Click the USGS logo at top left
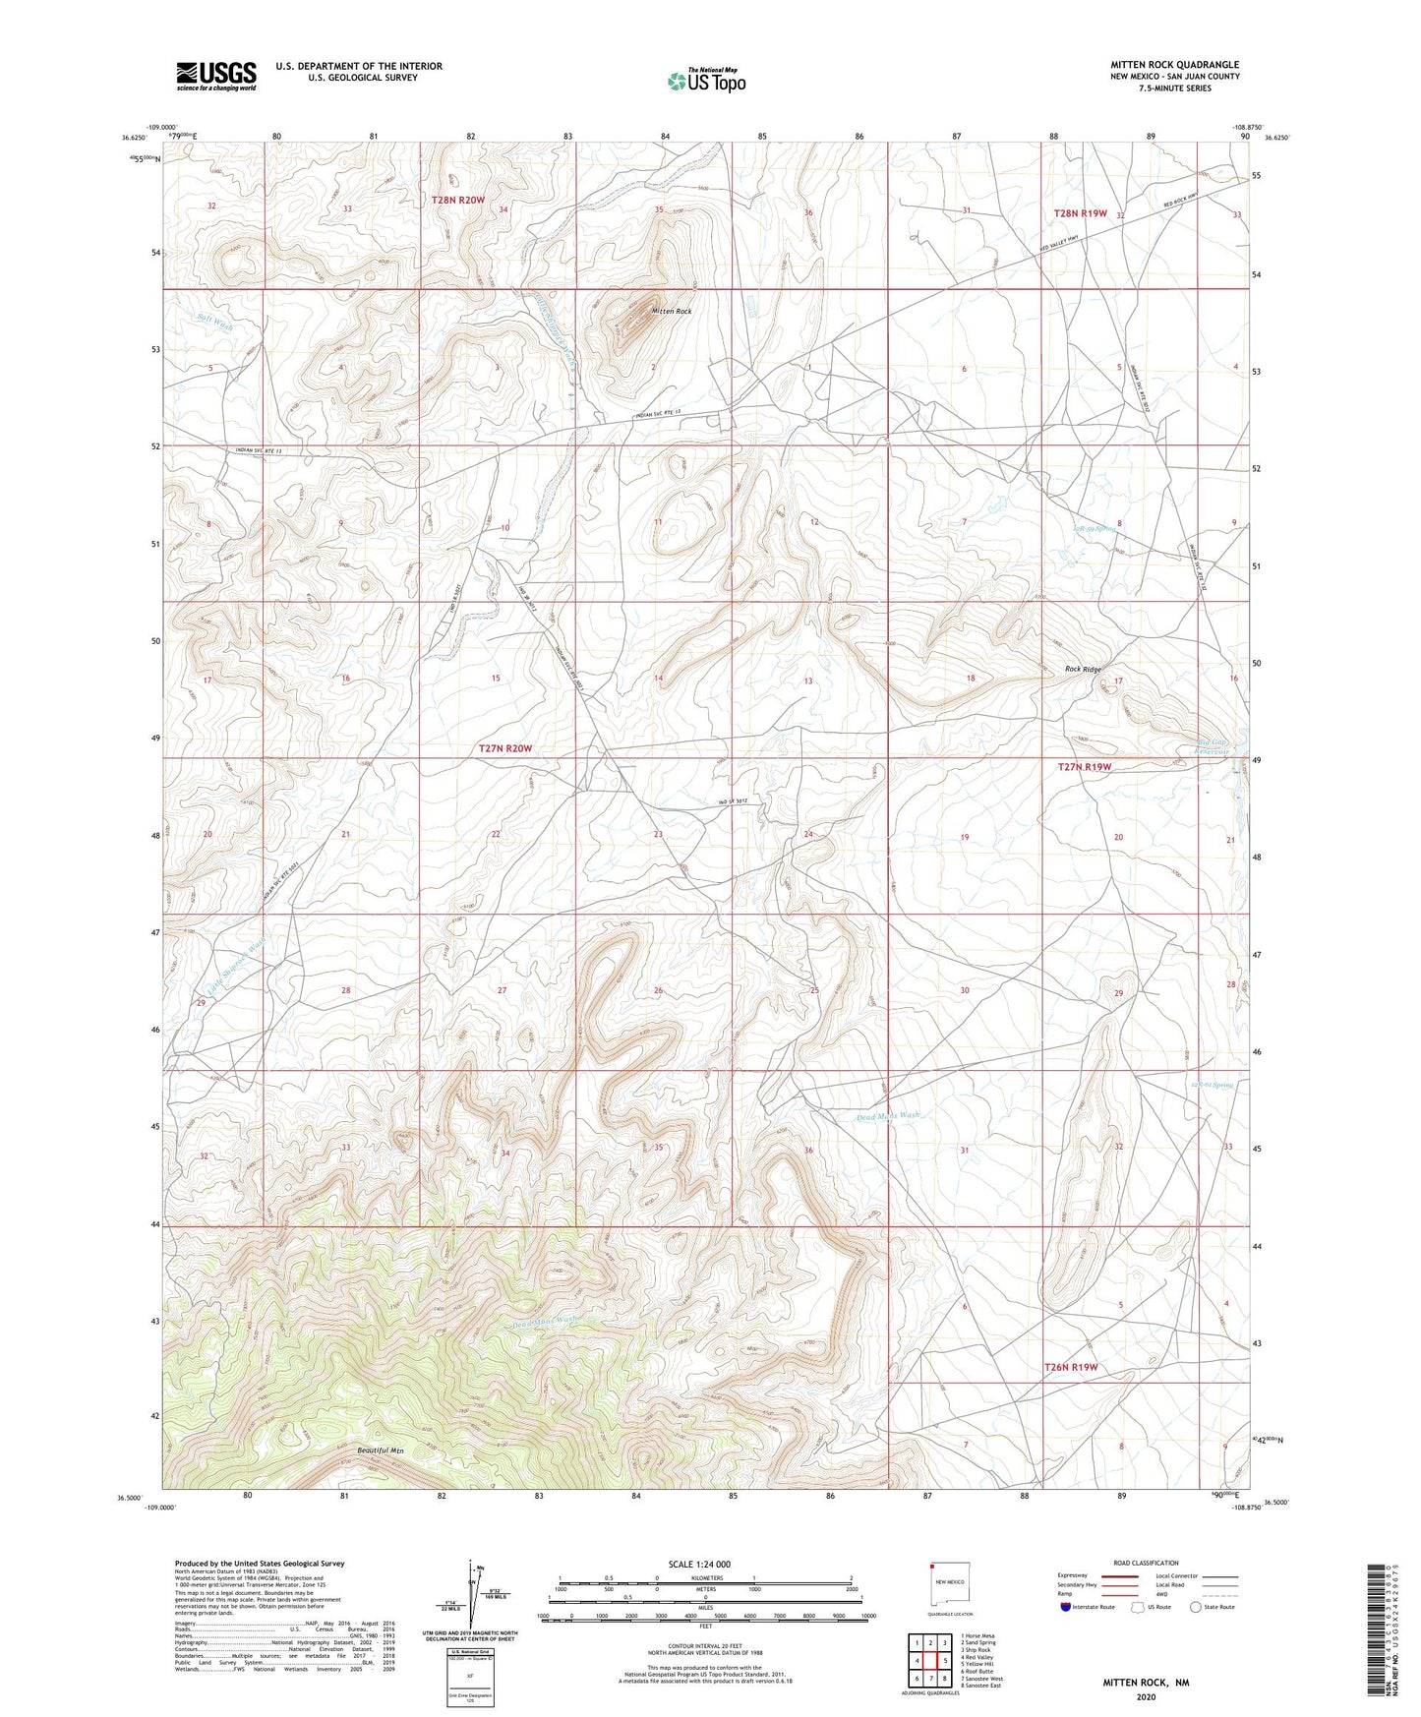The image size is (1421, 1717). point(216,76)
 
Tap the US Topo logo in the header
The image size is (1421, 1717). point(705,81)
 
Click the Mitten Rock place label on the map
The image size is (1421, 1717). point(672,311)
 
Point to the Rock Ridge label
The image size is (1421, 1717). point(1084,670)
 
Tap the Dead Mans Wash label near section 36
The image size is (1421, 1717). point(887,1116)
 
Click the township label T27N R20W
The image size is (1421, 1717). point(504,748)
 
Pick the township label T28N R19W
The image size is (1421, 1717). point(1080,213)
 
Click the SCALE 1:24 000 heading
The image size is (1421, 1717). point(699,1564)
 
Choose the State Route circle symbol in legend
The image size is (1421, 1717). point(1196,1607)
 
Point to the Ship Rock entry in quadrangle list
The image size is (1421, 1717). point(977,1649)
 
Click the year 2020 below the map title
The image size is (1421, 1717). point(1146,1696)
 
